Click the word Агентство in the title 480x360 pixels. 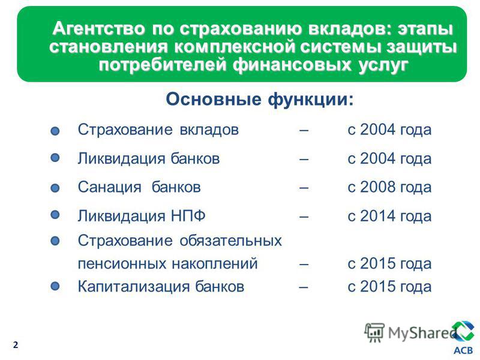click(x=98, y=29)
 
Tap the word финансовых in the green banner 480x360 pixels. click(x=292, y=65)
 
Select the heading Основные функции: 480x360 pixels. click(x=260, y=99)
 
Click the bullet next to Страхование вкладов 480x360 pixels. click(x=55, y=131)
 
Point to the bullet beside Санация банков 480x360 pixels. click(x=55, y=188)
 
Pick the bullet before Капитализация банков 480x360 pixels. click(x=55, y=286)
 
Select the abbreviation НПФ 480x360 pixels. click(x=188, y=216)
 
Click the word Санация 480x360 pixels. click(x=110, y=187)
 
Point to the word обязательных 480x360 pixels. click(x=230, y=241)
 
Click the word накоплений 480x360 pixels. click(x=214, y=264)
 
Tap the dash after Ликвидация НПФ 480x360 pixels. click(x=304, y=217)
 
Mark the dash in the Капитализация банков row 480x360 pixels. click(x=304, y=287)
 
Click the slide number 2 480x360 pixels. click(x=16, y=345)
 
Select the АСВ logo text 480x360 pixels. click(x=463, y=350)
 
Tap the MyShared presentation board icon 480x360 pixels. click(x=374, y=332)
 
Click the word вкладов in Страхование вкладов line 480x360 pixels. click(x=209, y=130)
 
